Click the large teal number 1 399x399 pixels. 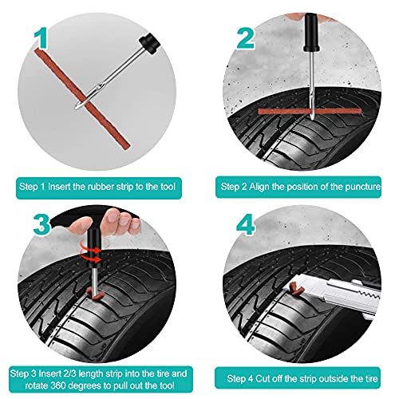(x=41, y=39)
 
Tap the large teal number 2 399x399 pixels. (x=245, y=39)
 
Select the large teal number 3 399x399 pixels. (x=41, y=225)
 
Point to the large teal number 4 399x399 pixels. (x=245, y=225)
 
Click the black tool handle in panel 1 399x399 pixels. (x=149, y=43)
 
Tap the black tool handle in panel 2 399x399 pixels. (x=310, y=33)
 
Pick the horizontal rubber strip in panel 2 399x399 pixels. (x=310, y=111)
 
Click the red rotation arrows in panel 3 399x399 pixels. (x=90, y=253)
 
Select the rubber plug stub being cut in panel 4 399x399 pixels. (x=297, y=288)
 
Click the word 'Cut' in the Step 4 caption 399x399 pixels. (x=263, y=378)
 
